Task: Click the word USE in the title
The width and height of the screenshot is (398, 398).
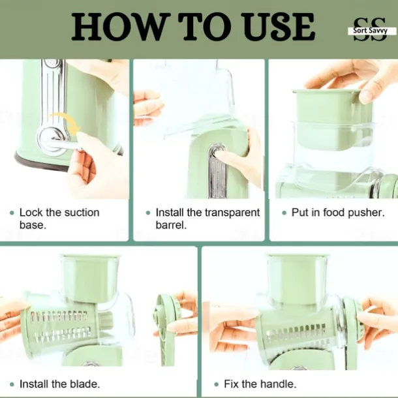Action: (x=280, y=27)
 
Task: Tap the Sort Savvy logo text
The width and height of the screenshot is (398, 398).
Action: (x=371, y=31)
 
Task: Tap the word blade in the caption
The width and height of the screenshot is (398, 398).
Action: (x=85, y=384)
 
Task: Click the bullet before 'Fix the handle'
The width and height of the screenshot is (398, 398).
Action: (x=216, y=384)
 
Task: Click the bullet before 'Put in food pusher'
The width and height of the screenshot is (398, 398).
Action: (x=284, y=213)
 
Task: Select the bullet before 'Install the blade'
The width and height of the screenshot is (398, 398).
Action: (x=12, y=384)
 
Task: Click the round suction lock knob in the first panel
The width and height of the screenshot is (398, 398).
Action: (x=52, y=139)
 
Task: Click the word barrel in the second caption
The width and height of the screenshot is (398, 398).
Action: (x=171, y=225)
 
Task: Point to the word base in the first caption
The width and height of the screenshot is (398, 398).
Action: (x=33, y=225)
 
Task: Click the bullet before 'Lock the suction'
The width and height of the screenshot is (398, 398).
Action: (x=12, y=213)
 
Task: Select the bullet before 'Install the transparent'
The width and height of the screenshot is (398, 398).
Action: (x=148, y=213)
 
